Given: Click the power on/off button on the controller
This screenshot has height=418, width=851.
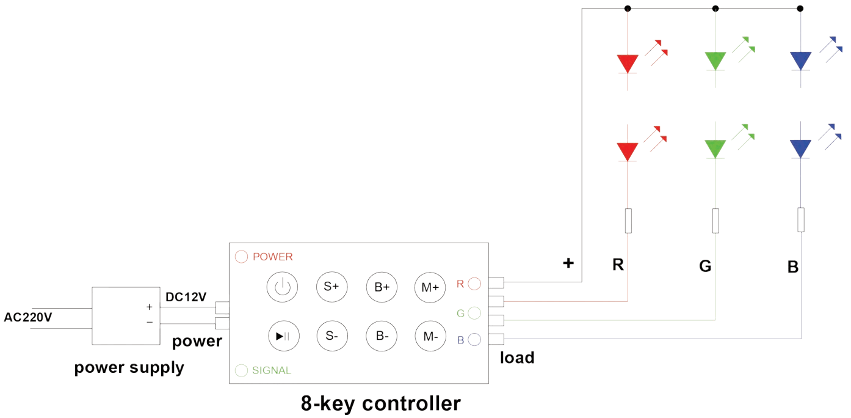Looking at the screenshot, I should (x=281, y=287).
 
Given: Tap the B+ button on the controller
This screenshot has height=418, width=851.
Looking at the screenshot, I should (x=382, y=287).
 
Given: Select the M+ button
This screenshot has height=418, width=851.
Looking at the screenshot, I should (x=430, y=287).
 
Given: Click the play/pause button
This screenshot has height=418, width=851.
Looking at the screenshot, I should (x=282, y=335).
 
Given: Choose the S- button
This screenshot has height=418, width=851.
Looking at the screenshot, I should (x=331, y=335).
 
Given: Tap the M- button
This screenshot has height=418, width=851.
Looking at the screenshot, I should (x=430, y=335).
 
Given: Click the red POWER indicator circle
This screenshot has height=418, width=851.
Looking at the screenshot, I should (x=241, y=257).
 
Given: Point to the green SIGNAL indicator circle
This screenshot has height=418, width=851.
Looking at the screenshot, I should (x=241, y=370).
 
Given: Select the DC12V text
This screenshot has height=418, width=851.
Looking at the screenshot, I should (x=186, y=297).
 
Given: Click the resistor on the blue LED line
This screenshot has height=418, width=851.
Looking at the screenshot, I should (x=801, y=220).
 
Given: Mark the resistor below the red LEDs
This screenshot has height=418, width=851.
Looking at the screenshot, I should (x=628, y=221).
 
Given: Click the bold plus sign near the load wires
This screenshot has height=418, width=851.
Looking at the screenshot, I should (x=568, y=263).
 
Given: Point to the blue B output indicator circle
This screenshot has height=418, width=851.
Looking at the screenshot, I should (x=474, y=340).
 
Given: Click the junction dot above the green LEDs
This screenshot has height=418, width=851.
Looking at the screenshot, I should (x=715, y=9).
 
